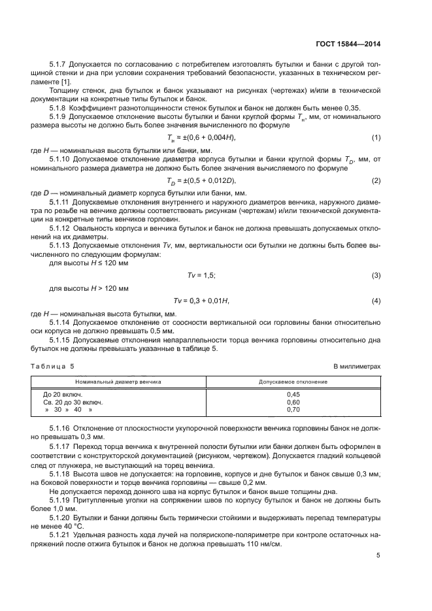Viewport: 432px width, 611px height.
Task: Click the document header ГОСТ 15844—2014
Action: tap(348, 44)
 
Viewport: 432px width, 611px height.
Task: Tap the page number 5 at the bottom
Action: tap(378, 555)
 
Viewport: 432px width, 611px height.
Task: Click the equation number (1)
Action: tap(376, 137)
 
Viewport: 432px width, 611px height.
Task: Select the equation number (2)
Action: tap(376, 180)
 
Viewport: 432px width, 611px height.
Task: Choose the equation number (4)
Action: tap(376, 300)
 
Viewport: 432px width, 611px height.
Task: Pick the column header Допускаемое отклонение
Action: tap(293, 381)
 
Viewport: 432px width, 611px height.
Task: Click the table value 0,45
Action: tap(293, 395)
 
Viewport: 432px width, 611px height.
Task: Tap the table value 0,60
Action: tap(293, 402)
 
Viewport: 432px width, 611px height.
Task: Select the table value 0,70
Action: tap(293, 410)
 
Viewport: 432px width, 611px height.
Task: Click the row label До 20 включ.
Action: tap(63, 395)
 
